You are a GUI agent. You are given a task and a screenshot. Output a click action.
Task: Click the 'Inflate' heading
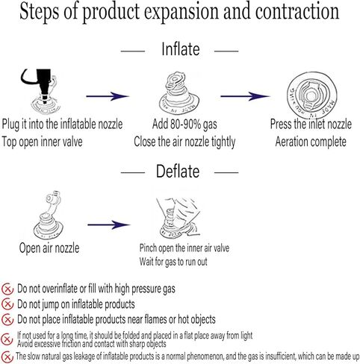(181, 49)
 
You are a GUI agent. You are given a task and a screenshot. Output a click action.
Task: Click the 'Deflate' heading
(178, 172)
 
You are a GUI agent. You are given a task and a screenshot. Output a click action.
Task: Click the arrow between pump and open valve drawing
(108, 96)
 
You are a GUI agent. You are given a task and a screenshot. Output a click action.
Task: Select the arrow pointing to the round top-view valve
(245, 96)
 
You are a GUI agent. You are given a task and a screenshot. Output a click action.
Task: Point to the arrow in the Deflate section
(109, 225)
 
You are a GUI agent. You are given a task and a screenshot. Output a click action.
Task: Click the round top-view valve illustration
(312, 95)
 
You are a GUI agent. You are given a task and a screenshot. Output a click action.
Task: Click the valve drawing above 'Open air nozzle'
(49, 215)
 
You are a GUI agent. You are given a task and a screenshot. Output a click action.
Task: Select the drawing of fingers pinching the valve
(179, 217)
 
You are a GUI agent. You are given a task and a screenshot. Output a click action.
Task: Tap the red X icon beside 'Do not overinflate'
(7, 289)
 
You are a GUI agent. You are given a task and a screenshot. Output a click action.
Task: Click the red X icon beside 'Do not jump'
(7, 304)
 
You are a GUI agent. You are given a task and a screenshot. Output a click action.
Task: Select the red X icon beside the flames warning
(7, 320)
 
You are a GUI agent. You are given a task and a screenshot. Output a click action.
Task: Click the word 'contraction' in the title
(297, 11)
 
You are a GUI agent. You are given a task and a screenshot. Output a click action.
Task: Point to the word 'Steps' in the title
(40, 12)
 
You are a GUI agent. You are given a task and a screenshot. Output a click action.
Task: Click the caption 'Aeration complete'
(311, 142)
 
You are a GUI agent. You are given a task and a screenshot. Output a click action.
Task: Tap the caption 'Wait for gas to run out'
(173, 262)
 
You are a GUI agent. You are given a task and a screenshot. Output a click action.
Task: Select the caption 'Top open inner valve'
(43, 142)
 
